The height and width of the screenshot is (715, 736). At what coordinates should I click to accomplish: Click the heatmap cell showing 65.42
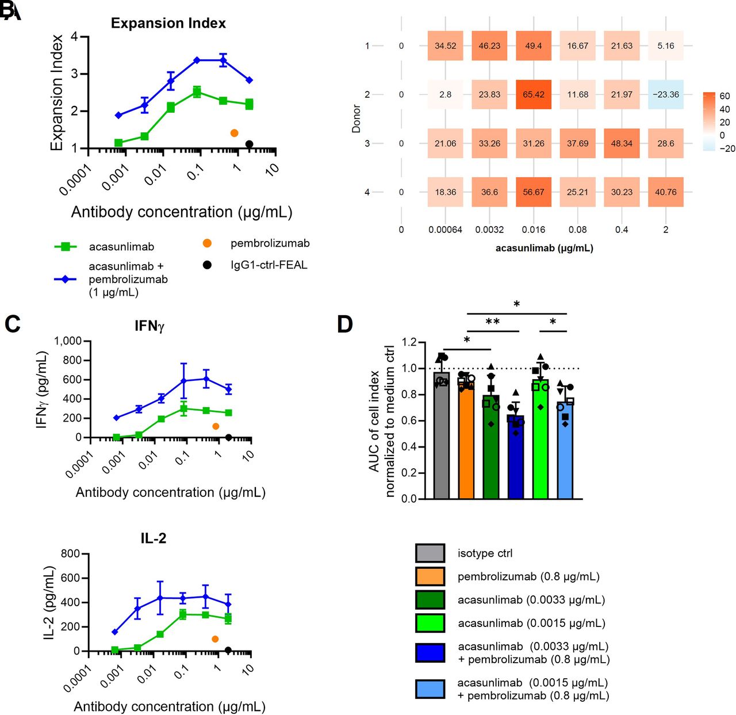pos(533,94)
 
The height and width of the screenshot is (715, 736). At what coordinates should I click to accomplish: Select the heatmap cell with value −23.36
pos(665,94)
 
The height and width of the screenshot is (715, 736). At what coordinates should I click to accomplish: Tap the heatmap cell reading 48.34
pos(622,143)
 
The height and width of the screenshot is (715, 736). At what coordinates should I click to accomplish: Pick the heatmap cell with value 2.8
pos(445,94)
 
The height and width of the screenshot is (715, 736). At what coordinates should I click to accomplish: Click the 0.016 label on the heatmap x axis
pos(533,230)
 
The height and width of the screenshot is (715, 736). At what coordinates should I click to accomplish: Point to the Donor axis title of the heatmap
pos(356,119)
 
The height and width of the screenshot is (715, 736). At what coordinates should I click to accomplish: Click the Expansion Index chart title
pos(168,23)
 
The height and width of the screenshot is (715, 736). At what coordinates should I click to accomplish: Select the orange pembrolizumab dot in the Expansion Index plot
pos(234,133)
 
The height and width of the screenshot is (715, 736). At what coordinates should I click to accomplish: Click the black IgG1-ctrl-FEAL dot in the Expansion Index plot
pos(249,144)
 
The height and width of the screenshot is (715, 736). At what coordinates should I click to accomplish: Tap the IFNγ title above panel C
pos(149,326)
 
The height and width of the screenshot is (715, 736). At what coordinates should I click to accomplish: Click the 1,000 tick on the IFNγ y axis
pos(68,341)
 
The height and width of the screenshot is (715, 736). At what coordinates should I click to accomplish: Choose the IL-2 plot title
pos(153,538)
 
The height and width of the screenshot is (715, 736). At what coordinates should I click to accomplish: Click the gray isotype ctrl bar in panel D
pos(441,437)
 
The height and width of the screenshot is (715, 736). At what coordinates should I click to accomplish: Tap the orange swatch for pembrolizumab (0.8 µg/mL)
pos(430,576)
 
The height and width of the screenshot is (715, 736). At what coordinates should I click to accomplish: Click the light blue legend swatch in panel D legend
pos(430,689)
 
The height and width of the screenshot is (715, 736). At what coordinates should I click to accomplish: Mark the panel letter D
pos(344,324)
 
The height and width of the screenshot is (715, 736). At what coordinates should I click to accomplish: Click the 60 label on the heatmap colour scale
pos(724,96)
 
